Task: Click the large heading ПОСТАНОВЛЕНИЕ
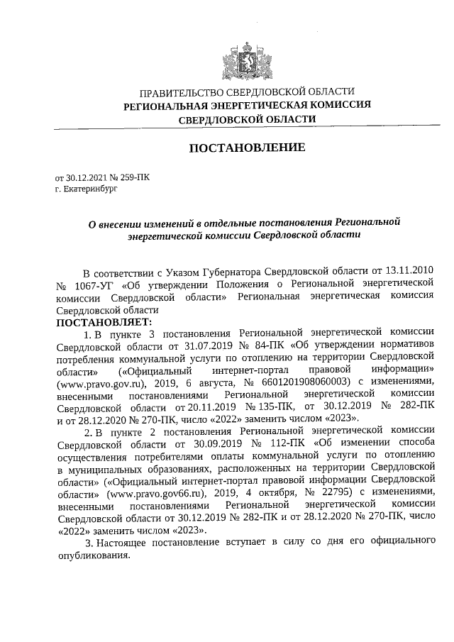point(246,148)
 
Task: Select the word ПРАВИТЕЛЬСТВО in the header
point(177,92)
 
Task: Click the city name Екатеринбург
point(89,189)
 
